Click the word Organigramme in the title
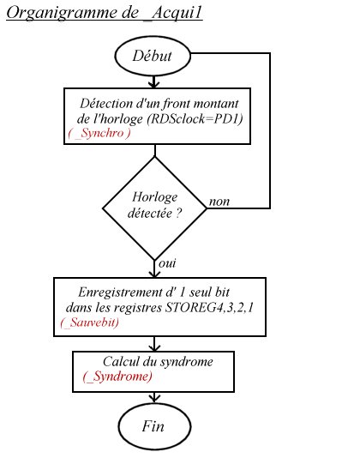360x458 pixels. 62,13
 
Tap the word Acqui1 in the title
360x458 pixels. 177,13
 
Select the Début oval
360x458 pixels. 153,56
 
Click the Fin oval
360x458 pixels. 154,426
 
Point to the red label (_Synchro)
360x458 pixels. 99,133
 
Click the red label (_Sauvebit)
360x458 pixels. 90,322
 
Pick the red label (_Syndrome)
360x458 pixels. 117,377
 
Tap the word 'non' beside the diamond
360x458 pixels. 219,202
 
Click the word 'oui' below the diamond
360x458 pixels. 167,263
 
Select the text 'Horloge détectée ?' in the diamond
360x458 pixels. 155,205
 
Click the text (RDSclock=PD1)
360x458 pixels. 195,119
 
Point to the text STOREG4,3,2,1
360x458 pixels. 209,307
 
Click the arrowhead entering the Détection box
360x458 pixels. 154,84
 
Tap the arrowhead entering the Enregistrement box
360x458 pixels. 154,274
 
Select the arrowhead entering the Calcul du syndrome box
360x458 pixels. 154,347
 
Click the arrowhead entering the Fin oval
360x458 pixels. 154,399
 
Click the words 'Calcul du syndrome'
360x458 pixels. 158,362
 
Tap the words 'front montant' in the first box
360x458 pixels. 201,104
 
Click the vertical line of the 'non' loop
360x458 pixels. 270,130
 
